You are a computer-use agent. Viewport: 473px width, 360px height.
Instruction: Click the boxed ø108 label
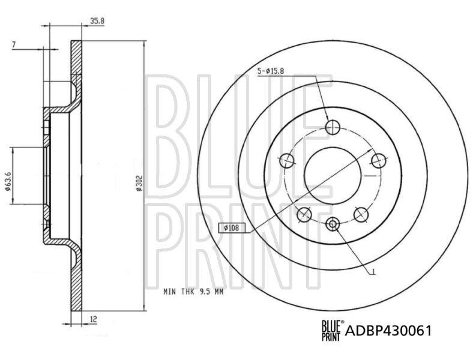[x=230, y=228]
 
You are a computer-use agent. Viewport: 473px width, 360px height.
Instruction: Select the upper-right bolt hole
[x=378, y=160]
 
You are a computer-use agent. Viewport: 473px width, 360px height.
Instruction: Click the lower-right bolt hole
[x=361, y=213]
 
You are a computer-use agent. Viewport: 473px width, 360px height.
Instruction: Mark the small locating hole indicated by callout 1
[x=333, y=224]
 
